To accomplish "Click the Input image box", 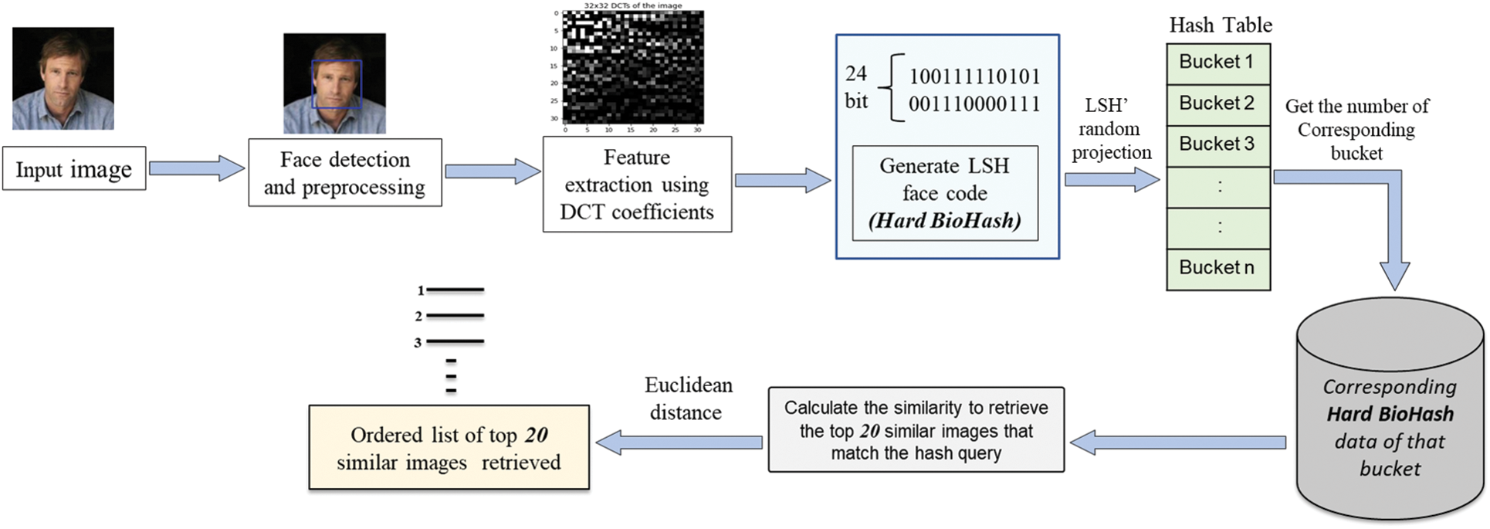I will click(x=74, y=168).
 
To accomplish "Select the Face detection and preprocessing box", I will click(x=344, y=172).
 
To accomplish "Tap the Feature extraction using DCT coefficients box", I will click(x=637, y=184).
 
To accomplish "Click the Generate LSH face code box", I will click(x=944, y=193).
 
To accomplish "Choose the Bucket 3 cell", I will click(x=1217, y=145).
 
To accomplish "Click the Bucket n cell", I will click(x=1217, y=269).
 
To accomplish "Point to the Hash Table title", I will click(x=1220, y=25).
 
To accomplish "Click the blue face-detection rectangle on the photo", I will click(x=337, y=84).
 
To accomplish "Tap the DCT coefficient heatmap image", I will click(x=633, y=67).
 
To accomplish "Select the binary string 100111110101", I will click(x=974, y=76).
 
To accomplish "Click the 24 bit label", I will click(x=856, y=87).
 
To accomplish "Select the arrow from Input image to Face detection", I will click(x=196, y=168).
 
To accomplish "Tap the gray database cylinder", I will click(x=1390, y=409).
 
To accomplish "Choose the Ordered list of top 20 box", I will click(x=449, y=448).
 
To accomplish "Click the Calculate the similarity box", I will click(x=916, y=430).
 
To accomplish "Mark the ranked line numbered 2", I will click(x=454, y=316).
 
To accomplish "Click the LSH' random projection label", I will click(x=1111, y=129).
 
